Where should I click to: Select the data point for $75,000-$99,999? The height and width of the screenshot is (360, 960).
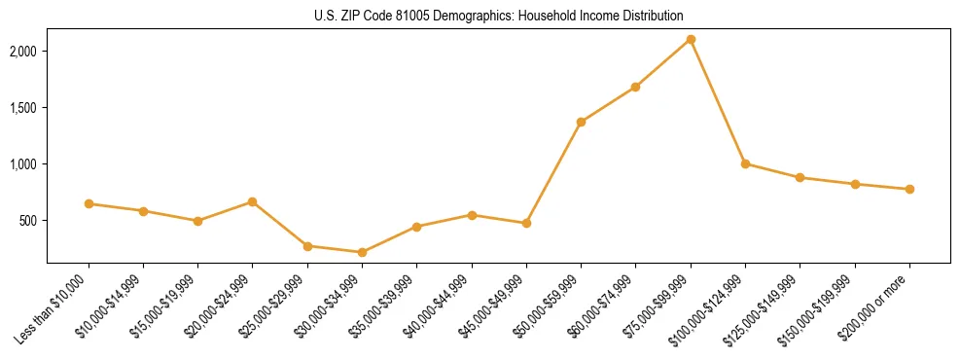pos(691,40)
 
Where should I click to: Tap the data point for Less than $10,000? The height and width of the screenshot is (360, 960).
pos(89,203)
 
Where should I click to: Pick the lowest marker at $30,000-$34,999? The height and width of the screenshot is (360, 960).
pos(362,252)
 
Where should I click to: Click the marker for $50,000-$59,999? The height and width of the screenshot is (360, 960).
pos(581,122)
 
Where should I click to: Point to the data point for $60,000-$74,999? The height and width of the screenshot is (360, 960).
pos(635,87)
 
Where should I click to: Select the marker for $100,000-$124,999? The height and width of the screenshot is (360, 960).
pos(745,163)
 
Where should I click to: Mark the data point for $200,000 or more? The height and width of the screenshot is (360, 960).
pos(909,189)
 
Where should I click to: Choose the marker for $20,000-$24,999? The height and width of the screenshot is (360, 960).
pos(252,201)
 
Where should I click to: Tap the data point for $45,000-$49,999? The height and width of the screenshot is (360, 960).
pos(526,223)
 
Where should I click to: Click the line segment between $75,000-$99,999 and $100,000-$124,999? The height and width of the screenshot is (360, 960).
pos(718,102)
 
